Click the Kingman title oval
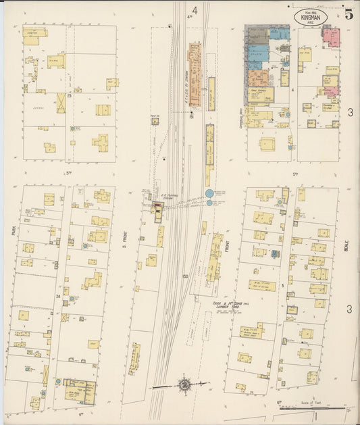311,17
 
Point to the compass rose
184,385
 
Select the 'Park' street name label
13,232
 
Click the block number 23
69,97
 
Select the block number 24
58,296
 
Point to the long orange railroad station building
195,74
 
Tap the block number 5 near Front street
282,286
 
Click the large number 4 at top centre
195,10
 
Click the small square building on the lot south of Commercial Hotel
267,144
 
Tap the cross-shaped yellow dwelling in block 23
101,143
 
